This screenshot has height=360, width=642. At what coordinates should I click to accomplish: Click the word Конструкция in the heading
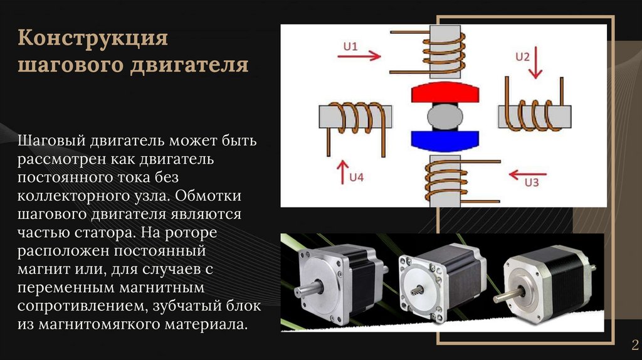coord(93,38)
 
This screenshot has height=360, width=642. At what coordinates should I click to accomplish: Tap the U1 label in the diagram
coord(350,46)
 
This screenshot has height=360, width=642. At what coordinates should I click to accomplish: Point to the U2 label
coord(522,56)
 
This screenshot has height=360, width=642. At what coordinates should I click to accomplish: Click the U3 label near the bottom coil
coord(532,183)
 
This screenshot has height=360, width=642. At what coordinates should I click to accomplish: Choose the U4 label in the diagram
coord(356,177)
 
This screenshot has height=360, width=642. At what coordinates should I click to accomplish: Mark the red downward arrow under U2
coord(534,70)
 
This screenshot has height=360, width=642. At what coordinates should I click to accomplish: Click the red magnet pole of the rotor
coord(445,94)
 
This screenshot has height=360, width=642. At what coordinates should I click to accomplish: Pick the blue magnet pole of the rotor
coord(445,137)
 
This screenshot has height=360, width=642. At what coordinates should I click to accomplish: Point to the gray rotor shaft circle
coord(445,116)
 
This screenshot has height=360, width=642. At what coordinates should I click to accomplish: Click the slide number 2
coord(634,344)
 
